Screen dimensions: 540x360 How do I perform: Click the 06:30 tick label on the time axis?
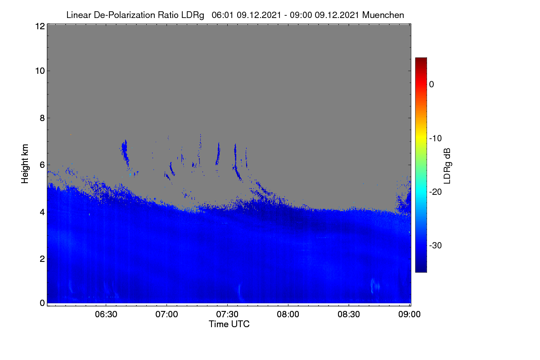[x=106, y=314]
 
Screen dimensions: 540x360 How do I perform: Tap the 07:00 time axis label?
[x=166, y=314]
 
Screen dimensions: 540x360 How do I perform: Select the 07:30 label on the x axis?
[x=227, y=314]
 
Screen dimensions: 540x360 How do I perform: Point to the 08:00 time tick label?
[x=288, y=314]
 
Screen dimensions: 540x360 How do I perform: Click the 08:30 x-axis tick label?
[x=349, y=314]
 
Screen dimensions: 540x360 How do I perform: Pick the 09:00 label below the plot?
[x=409, y=314]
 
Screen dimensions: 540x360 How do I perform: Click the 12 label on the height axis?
[x=40, y=26]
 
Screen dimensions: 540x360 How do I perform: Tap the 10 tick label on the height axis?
[x=40, y=71]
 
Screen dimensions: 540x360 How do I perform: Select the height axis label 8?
[x=42, y=118]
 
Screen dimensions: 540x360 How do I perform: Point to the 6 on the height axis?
[x=42, y=165]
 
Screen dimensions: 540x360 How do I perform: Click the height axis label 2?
[x=42, y=259]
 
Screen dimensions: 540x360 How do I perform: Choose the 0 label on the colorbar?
[x=432, y=85]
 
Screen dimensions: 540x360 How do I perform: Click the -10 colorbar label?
[x=436, y=139]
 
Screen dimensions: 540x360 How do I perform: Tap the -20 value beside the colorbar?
[x=436, y=192]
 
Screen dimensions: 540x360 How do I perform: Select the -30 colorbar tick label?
[x=436, y=245]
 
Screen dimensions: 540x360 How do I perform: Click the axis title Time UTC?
[x=229, y=324]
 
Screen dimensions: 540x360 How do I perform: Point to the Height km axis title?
[x=25, y=164]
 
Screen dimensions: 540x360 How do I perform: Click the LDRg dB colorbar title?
[x=447, y=166]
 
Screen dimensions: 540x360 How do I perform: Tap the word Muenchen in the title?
[x=383, y=15]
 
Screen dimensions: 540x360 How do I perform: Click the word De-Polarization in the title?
[x=124, y=15]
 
